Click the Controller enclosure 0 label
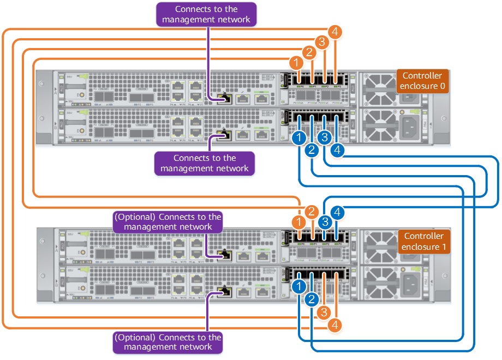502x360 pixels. click(x=422, y=81)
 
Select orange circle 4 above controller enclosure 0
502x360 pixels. click(x=336, y=32)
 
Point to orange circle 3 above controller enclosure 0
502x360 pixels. click(x=322, y=43)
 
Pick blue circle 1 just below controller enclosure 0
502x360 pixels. click(x=298, y=138)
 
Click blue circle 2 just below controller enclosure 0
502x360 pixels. click(x=312, y=150)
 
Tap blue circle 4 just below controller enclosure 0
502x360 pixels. click(x=338, y=149)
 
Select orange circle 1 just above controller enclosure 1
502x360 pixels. click(x=298, y=223)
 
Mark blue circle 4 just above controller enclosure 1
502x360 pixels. click(x=338, y=212)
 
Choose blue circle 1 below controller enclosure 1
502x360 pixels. click(x=298, y=285)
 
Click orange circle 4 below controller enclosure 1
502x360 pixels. click(x=336, y=326)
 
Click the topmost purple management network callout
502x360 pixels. click(x=206, y=14)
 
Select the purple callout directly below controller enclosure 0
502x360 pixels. click(x=205, y=163)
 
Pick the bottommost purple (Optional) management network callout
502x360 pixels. click(x=168, y=342)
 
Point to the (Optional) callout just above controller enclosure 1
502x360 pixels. click(x=168, y=221)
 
